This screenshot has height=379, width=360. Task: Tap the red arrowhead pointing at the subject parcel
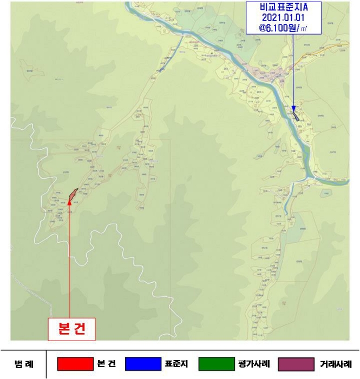[x=70, y=202]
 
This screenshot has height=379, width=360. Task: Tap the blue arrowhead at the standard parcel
[x=293, y=107]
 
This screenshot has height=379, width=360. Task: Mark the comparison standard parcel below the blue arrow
[x=296, y=115]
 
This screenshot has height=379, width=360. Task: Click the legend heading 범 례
[x=23, y=364]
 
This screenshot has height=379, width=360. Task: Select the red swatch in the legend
[x=75, y=364]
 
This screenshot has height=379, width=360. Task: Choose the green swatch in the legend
[x=218, y=364]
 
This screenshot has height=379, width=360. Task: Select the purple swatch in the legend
[x=296, y=364]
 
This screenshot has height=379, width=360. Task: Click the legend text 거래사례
[x=336, y=364]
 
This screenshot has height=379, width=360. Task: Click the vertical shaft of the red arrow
[x=70, y=260]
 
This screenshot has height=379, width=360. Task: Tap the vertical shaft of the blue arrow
[x=293, y=70]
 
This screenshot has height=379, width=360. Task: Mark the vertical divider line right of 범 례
[x=47, y=364]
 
